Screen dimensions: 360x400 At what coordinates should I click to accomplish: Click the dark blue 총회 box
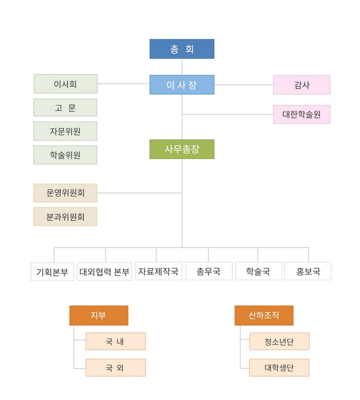tap(182, 49)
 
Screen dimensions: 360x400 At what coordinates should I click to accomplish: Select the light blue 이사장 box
tap(182, 85)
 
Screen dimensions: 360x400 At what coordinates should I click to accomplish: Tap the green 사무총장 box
tap(182, 149)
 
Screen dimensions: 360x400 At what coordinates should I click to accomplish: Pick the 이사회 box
tap(65, 84)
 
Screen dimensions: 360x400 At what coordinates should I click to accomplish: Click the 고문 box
tap(65, 107)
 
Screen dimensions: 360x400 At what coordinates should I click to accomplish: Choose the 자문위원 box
tap(65, 131)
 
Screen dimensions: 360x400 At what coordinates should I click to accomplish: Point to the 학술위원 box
tap(65, 155)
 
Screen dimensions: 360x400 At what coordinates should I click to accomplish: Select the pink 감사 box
tap(301, 85)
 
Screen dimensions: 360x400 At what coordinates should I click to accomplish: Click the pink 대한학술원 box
tap(301, 114)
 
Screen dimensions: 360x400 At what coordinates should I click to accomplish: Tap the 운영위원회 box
tap(65, 193)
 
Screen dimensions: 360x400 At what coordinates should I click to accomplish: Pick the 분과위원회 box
tap(65, 216)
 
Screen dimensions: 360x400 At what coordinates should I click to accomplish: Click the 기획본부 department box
tap(52, 271)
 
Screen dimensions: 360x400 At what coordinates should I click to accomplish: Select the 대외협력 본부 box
tap(104, 271)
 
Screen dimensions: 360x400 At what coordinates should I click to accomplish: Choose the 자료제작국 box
tap(158, 271)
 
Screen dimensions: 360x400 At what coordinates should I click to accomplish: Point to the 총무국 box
tap(209, 271)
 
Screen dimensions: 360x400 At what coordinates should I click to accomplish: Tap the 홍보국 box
tap(308, 271)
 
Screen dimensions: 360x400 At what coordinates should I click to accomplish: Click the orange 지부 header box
tap(99, 315)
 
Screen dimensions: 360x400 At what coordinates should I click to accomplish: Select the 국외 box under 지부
tap(115, 368)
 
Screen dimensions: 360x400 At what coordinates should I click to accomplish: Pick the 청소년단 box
tap(279, 341)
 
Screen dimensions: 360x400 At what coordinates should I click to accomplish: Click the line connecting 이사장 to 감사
tap(244, 85)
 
